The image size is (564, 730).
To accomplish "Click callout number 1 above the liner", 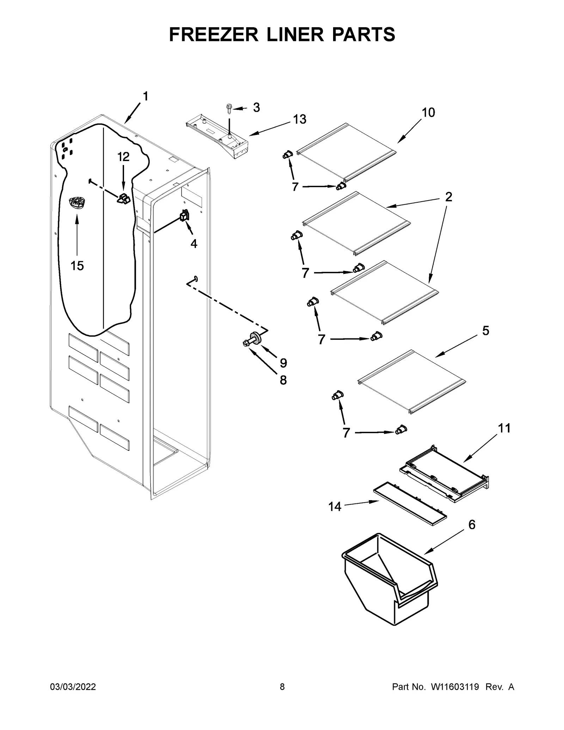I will tap(145, 96).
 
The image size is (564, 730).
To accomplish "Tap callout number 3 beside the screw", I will tap(256, 108).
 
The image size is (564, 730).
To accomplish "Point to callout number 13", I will tap(300, 119).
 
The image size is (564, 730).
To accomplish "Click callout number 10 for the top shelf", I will tap(428, 112).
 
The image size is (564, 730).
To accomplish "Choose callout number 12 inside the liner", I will tap(123, 157).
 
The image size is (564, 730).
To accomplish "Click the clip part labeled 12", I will tap(123, 199).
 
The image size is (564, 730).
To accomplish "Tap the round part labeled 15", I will tap(77, 204).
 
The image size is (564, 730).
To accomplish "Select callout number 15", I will tap(77, 266).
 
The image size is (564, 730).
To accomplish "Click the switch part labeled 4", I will tap(184, 215).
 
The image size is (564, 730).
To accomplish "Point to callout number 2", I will tap(448, 197).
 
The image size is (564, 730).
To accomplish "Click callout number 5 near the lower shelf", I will tap(485, 331).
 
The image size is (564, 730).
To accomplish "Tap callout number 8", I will tap(283, 380).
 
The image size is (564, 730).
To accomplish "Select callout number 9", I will tap(283, 363).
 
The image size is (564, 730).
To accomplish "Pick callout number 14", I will tap(335, 507).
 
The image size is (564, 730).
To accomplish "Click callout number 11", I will tap(504, 428).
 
